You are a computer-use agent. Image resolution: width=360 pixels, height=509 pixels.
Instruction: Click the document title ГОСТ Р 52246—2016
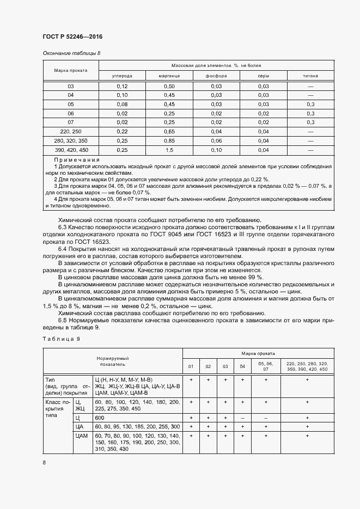click(x=72, y=37)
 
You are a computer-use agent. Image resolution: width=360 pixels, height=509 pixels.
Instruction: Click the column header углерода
click(x=122, y=76)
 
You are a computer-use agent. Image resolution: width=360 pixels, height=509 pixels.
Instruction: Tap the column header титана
click(x=310, y=76)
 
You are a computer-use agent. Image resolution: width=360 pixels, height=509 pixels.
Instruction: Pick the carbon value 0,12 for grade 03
click(x=122, y=87)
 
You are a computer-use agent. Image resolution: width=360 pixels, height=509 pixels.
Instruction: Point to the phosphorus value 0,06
click(x=216, y=141)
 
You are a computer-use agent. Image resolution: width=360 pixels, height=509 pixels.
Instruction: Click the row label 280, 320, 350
click(x=70, y=141)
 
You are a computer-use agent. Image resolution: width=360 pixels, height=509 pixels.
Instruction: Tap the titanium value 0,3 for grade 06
click(x=310, y=113)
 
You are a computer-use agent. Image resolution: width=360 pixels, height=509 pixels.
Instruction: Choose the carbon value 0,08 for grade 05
click(x=122, y=104)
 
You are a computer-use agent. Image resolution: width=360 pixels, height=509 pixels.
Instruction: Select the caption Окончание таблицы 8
click(x=71, y=53)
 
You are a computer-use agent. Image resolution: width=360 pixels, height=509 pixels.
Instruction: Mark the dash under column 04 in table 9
click(x=242, y=418)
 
